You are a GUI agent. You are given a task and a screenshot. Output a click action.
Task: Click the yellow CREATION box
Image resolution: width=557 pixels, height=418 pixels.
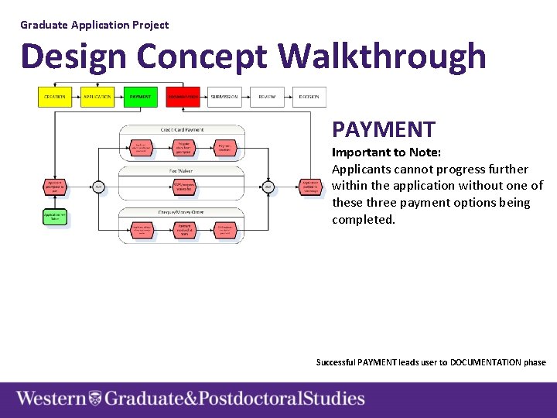54,97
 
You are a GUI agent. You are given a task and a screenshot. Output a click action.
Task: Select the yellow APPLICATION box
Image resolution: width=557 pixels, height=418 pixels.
97,97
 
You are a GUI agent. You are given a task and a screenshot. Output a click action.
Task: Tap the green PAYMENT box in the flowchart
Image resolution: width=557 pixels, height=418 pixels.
140,97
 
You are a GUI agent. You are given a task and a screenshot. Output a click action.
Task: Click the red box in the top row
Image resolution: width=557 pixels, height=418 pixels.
183,97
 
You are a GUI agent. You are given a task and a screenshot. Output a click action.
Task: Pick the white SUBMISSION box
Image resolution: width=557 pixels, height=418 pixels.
224,97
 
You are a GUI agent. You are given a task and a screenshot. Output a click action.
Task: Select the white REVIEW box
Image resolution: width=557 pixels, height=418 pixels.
267,97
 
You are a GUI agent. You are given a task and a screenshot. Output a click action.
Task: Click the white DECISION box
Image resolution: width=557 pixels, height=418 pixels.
309,97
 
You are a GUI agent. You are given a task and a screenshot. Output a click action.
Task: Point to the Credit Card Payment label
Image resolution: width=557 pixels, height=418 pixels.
182,129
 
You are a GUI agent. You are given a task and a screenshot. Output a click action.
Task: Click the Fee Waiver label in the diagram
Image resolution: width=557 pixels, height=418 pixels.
182,170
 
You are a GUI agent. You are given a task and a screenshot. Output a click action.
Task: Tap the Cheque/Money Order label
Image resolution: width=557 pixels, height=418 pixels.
182,211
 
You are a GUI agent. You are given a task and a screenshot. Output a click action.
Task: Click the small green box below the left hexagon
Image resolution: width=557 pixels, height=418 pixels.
55,217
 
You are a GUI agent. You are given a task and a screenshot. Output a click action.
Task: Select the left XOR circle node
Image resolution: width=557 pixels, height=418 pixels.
98,187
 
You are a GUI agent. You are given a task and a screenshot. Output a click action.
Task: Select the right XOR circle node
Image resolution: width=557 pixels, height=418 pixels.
268,187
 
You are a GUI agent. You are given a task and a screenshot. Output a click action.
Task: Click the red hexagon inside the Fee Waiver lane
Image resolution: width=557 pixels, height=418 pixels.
183,187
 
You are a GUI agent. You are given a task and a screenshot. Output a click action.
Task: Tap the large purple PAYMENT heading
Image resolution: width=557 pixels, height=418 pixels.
384,129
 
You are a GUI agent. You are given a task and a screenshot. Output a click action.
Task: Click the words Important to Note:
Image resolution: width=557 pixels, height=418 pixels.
386,152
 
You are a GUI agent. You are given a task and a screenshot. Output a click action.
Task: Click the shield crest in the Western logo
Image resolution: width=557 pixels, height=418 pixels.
95,399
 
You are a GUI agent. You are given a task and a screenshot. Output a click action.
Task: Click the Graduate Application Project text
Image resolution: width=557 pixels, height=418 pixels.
94,25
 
